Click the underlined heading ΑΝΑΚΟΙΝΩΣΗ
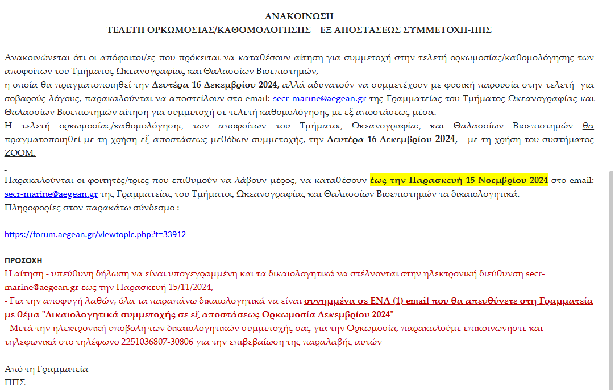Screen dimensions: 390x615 [299, 16]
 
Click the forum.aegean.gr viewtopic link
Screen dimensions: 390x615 [95, 234]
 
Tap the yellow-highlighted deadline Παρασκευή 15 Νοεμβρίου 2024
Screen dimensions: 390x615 [459, 181]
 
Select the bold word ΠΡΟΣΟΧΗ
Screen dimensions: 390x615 [23, 260]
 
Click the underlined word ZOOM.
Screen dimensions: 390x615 [20, 153]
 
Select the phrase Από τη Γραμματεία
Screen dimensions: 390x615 [47, 369]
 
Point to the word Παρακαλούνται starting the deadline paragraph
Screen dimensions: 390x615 [33, 181]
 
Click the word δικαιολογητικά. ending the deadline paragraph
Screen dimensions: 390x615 [492, 194]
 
